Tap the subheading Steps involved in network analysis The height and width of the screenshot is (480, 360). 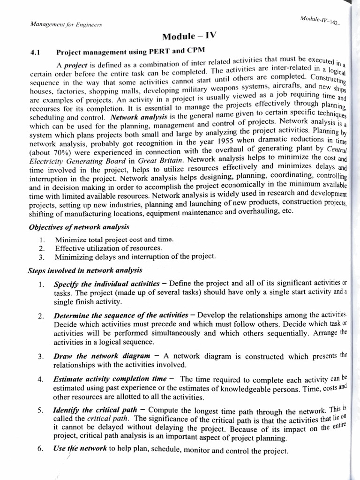tap(85, 270)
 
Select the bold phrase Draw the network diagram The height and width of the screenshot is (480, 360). tap(102, 356)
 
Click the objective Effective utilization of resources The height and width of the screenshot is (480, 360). tap(108, 248)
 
